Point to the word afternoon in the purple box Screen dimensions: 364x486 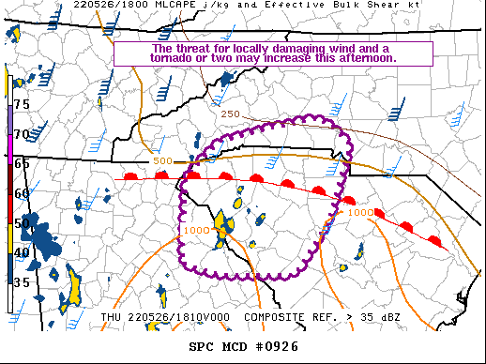(x=370, y=58)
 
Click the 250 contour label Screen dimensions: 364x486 (x=231, y=114)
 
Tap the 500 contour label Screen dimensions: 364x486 (x=162, y=161)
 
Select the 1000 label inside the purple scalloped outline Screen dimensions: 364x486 (x=197, y=231)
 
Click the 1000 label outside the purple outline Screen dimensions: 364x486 (x=360, y=212)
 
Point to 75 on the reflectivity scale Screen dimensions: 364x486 (x=21, y=104)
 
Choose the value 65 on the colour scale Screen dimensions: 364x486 (x=21, y=163)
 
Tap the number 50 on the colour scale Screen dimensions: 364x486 (x=21, y=223)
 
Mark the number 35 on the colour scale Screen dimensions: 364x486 (x=21, y=281)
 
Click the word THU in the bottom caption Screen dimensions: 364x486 (x=111, y=317)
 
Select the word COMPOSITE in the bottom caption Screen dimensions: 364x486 (x=276, y=317)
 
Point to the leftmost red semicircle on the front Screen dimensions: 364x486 (x=131, y=175)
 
